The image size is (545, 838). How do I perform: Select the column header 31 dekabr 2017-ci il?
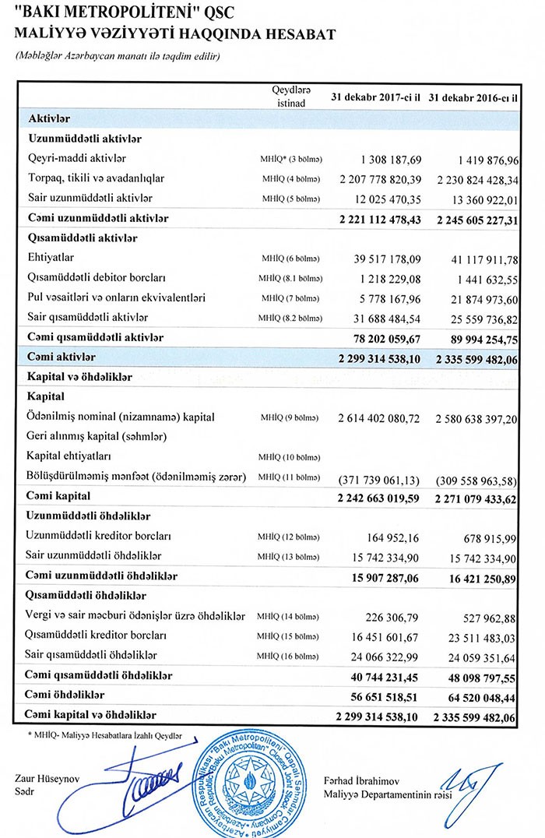(x=375, y=97)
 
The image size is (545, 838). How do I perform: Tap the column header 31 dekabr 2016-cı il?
(x=473, y=97)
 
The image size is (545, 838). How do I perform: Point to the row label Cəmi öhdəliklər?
(x=65, y=694)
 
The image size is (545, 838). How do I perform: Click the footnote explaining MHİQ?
(x=104, y=735)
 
